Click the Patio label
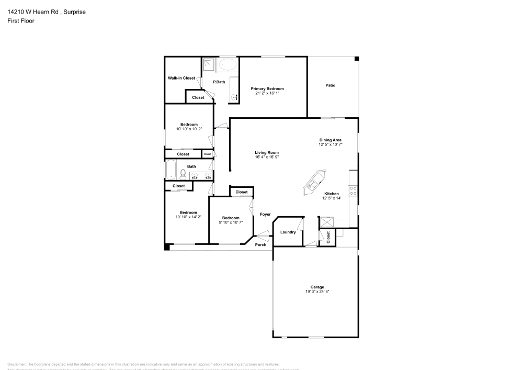[x=330, y=85]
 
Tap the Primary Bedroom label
[x=267, y=89]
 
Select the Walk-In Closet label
[x=181, y=78]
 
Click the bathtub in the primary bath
[x=228, y=65]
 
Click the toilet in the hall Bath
[x=183, y=173]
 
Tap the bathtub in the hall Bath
[x=171, y=170]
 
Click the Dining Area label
[x=331, y=140]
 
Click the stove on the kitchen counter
[x=353, y=191]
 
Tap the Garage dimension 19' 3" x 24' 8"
[x=317, y=291]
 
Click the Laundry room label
[x=288, y=232]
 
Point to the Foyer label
[x=265, y=214]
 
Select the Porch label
[x=260, y=244]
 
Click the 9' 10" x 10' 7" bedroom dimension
[x=231, y=222]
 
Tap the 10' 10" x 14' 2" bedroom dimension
[x=189, y=217]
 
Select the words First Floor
[x=21, y=21]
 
